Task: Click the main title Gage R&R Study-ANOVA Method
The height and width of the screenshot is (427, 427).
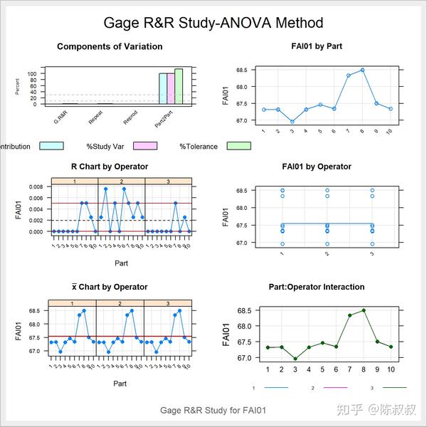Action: pos(213,23)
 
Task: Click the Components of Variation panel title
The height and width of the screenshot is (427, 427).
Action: pos(110,47)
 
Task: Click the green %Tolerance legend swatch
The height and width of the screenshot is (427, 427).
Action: pos(239,147)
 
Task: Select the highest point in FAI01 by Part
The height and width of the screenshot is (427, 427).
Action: pos(362,70)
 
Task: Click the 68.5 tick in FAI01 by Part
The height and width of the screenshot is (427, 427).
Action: pos(241,70)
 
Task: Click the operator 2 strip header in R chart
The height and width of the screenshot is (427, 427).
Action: pos(121,181)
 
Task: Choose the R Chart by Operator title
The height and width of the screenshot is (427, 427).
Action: pos(110,167)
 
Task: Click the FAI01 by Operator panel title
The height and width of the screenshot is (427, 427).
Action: pos(317,167)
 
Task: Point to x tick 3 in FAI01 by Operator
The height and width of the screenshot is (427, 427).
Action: pos(372,253)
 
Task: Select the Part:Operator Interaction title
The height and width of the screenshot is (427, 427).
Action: pos(317,287)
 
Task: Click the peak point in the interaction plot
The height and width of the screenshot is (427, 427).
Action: pos(364,310)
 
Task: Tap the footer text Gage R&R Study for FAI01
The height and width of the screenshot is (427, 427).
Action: pos(213,411)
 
